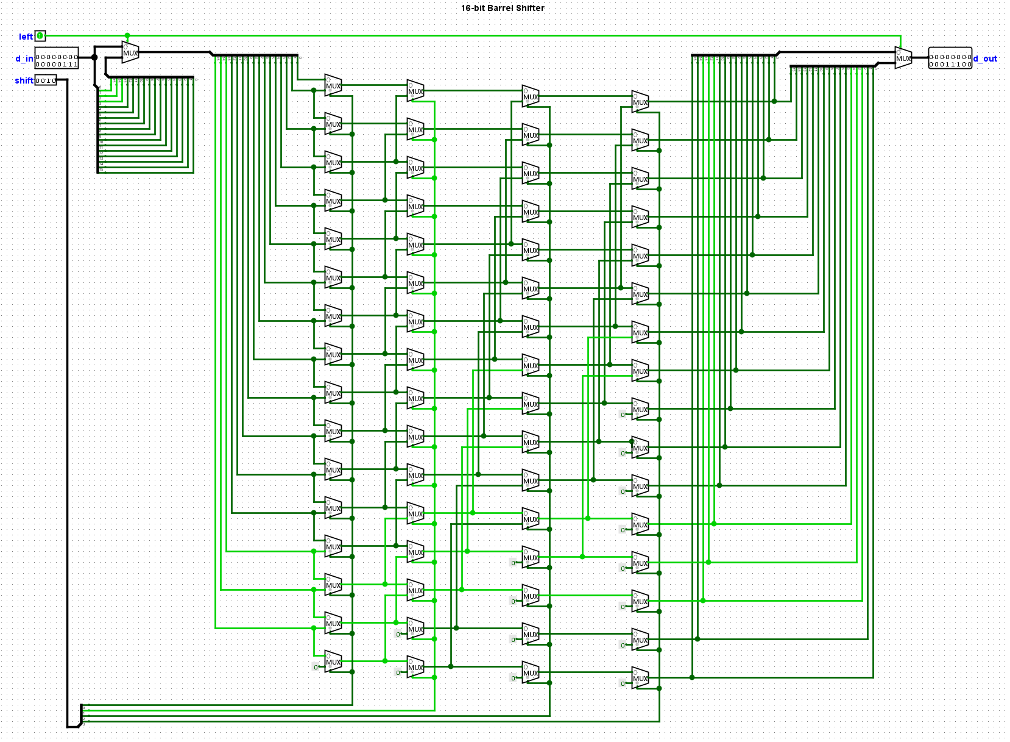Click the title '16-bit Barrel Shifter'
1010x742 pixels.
pos(503,8)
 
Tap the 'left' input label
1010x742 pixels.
pos(26,37)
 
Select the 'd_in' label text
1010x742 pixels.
pos(24,59)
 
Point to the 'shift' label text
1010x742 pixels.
pos(24,80)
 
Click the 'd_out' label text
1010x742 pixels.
pos(985,59)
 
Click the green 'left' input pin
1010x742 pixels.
pos(40,36)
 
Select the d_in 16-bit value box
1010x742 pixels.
pos(57,58)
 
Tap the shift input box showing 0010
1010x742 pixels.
pos(46,80)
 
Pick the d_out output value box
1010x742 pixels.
pos(950,58)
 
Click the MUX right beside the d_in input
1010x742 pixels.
pos(130,52)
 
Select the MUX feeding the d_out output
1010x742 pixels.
pos(903,58)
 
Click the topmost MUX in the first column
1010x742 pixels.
pos(333,85)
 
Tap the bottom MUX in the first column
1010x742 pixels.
pos(333,662)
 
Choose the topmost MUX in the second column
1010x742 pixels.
pos(415,91)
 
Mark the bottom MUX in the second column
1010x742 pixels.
pos(415,667)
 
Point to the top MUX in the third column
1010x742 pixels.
pos(531,96)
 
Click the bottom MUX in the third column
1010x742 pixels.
pos(531,672)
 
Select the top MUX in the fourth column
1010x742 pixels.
pos(640,102)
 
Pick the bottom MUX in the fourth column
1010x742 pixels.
pos(640,678)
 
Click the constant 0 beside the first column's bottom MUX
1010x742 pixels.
pos(316,667)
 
